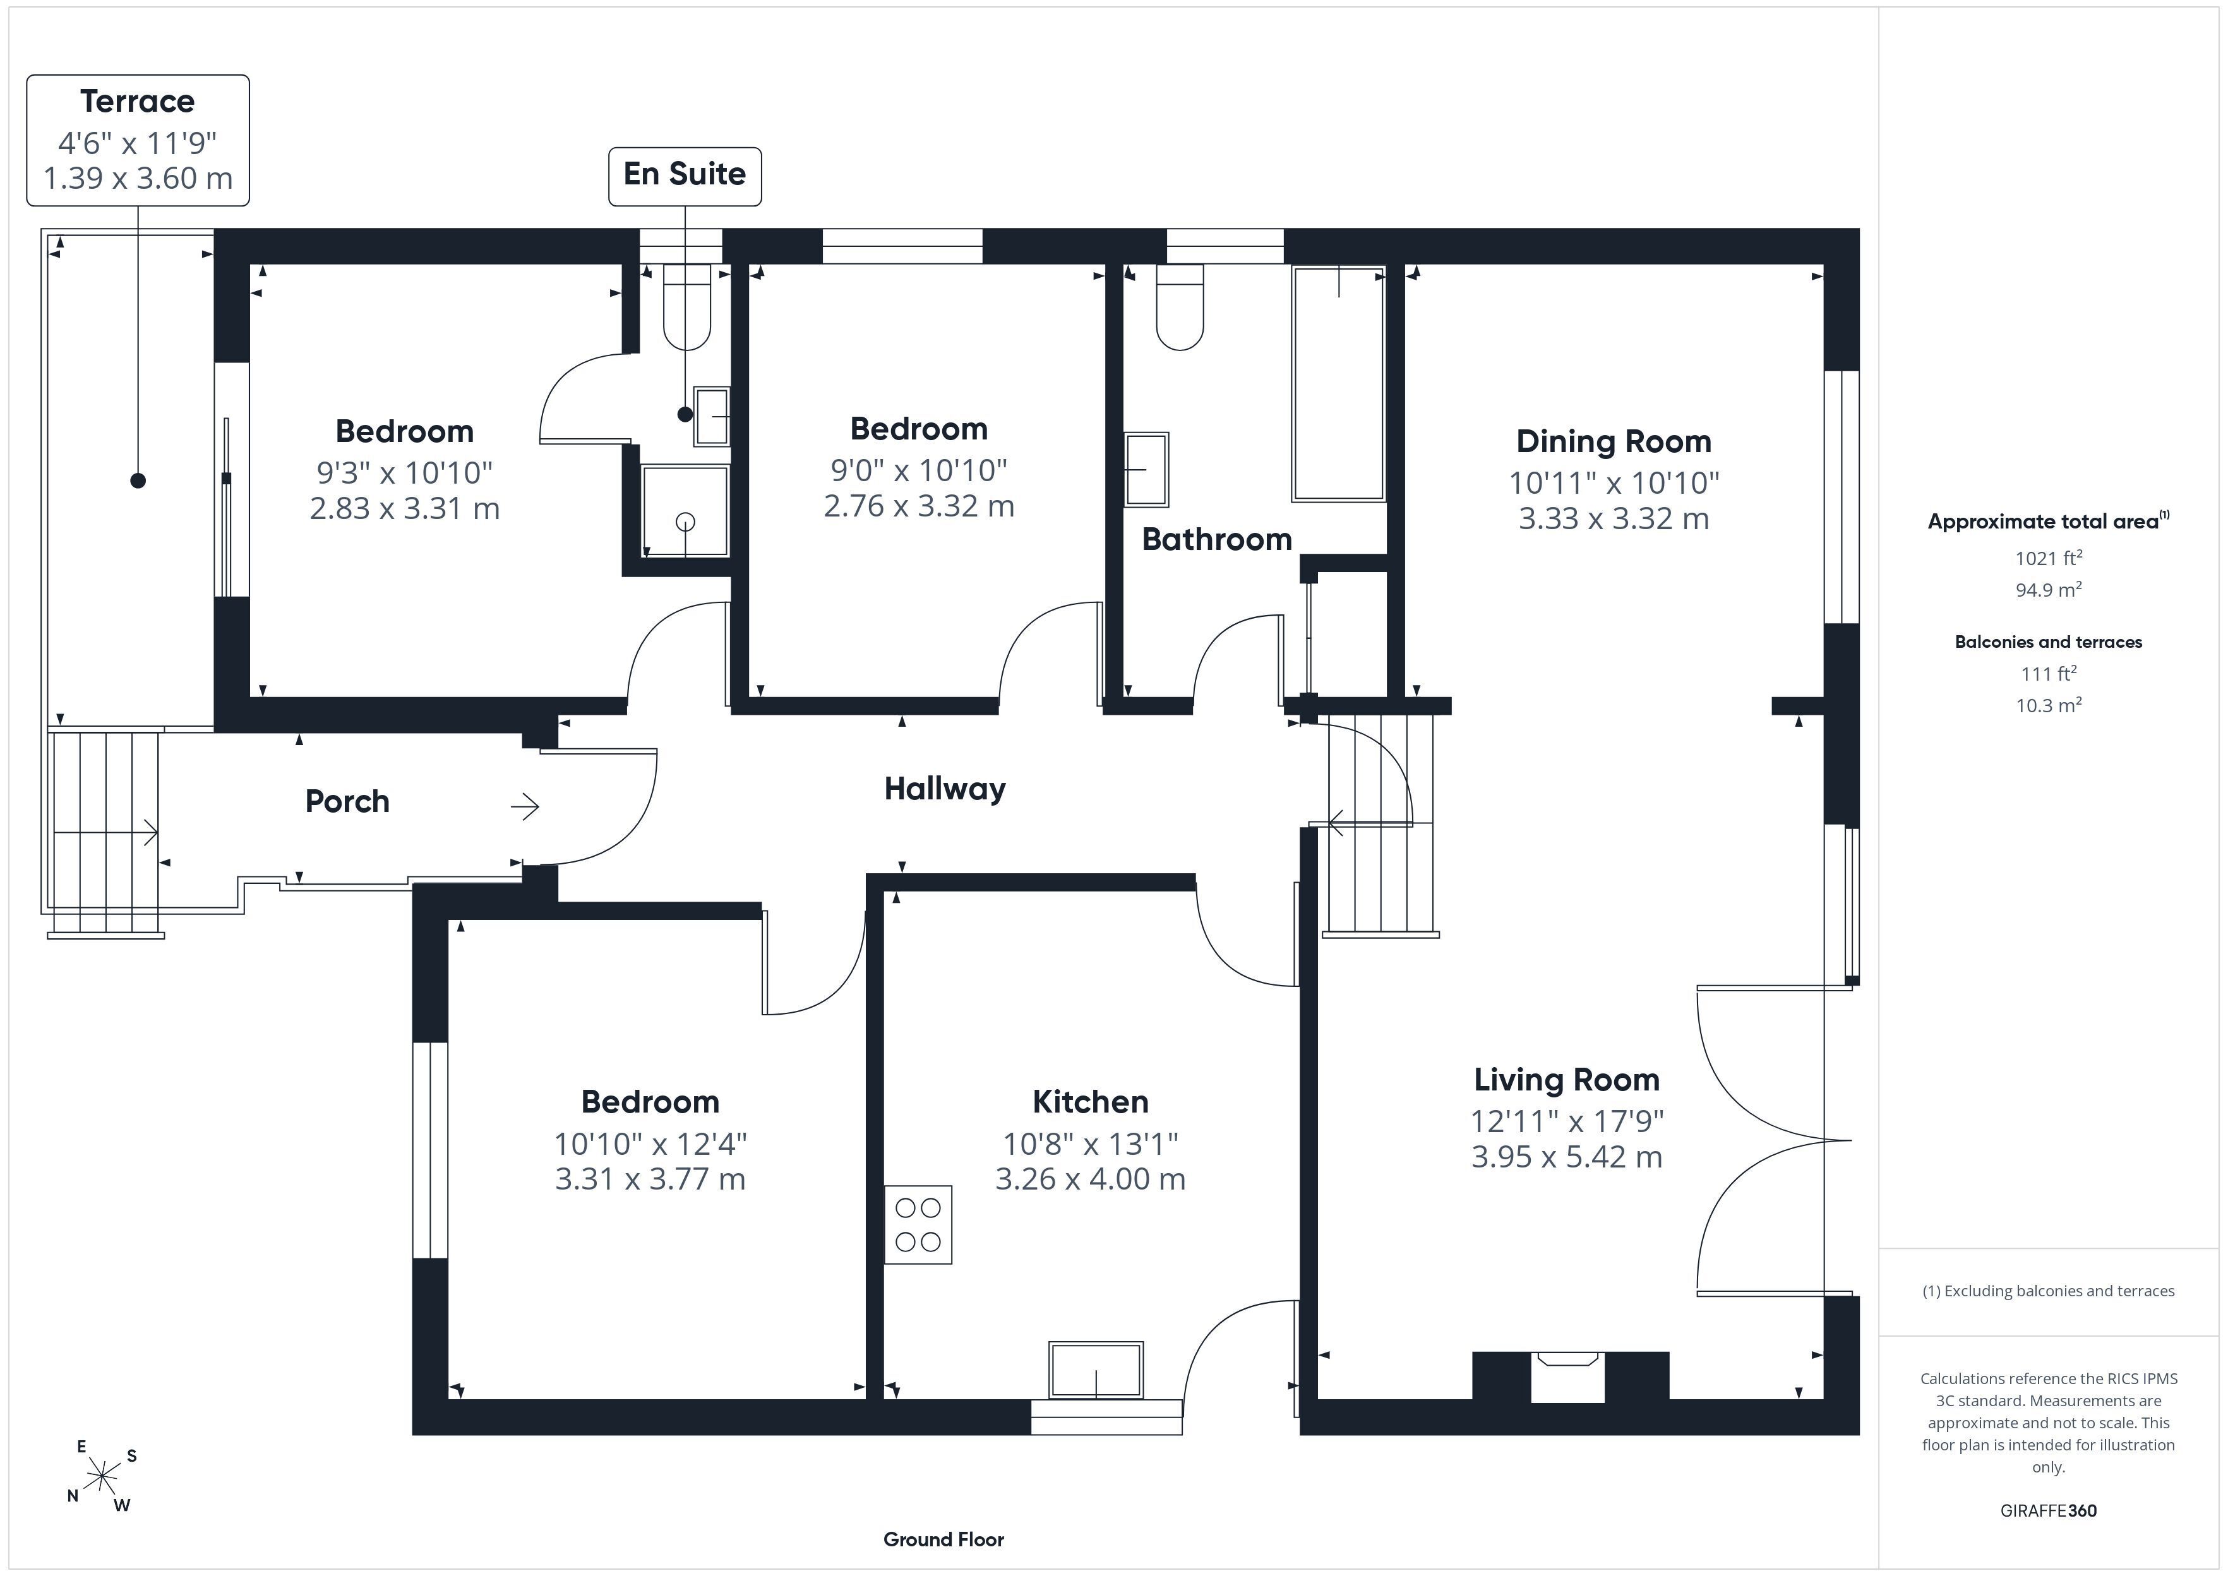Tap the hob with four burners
tap(918, 1225)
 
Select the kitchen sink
tap(1096, 1370)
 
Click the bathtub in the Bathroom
tap(1338, 383)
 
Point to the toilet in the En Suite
tap(687, 307)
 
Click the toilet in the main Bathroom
tap(1180, 307)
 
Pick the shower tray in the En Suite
tap(685, 511)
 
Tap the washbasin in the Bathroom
tap(1146, 470)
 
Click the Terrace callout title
tap(138, 101)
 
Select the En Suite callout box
tap(685, 176)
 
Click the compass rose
tap(102, 1477)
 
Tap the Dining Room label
tap(1614, 441)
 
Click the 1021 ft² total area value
tap(2049, 558)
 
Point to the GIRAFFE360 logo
tap(2049, 1511)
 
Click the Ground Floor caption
tap(943, 1539)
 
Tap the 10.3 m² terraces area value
tap(2049, 705)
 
